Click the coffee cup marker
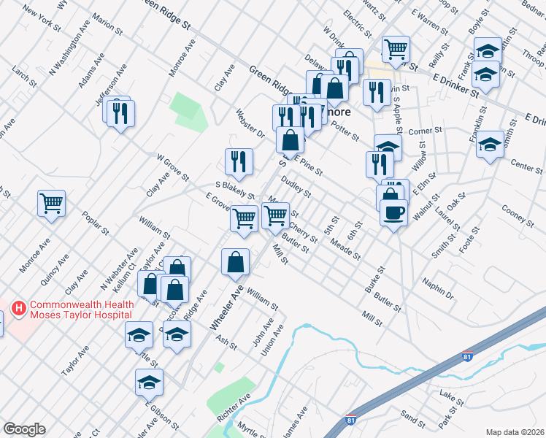coord(393,212)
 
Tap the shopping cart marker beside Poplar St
coord(51,203)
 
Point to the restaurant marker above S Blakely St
coord(239,161)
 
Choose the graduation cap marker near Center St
coord(490,144)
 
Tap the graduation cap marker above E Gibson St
coord(149,381)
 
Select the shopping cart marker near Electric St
coord(396,49)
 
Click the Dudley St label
coord(296,188)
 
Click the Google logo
coord(24,429)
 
